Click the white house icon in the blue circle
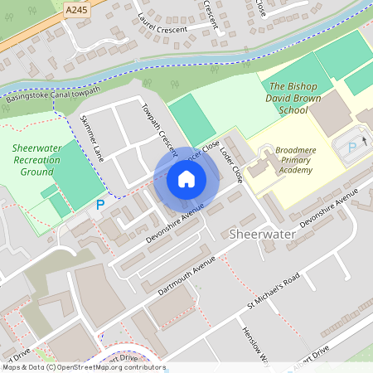[x=186, y=179]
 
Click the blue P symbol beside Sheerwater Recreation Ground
[x=100, y=205]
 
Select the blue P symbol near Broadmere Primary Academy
[x=351, y=147]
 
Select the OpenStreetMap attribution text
[x=83, y=367]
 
